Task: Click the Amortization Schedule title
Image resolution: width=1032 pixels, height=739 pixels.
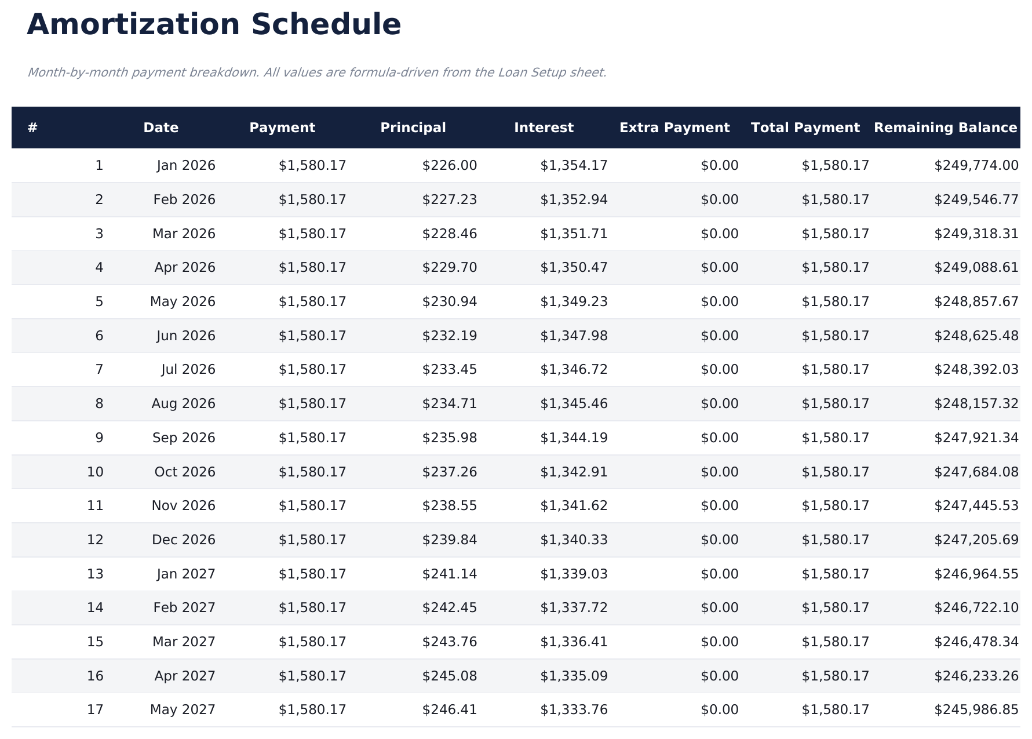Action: [x=214, y=25]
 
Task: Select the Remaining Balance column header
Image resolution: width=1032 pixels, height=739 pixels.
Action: [x=945, y=128]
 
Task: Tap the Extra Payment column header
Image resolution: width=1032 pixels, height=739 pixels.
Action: [x=674, y=128]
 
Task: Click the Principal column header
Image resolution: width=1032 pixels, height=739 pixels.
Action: [x=413, y=128]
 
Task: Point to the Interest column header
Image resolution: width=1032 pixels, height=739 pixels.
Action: [x=544, y=128]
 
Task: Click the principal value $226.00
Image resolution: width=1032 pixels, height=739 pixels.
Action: [x=450, y=166]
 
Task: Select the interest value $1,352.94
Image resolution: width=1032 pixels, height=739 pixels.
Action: [x=574, y=200]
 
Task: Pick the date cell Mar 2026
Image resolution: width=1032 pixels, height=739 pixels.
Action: [x=184, y=234]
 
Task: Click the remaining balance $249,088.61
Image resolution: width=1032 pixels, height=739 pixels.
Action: [x=976, y=268]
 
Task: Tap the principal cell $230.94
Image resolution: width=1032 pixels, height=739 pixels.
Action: [x=450, y=302]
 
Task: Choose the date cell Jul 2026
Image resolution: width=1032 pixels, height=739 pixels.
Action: [x=188, y=370]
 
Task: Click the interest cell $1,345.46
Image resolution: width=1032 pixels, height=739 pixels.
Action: [x=574, y=404]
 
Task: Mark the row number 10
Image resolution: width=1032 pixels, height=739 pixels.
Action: [x=96, y=472]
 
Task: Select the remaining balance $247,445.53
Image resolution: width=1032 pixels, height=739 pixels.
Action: [x=976, y=506]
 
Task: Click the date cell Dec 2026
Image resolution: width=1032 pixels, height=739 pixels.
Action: [x=184, y=540]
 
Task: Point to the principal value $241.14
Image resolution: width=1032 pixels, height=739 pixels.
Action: [x=450, y=574]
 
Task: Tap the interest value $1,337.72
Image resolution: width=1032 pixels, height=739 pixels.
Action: [x=574, y=608]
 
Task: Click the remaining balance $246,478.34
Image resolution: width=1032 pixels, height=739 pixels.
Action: [x=976, y=642]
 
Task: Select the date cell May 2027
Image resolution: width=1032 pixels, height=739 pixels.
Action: [x=183, y=710]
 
